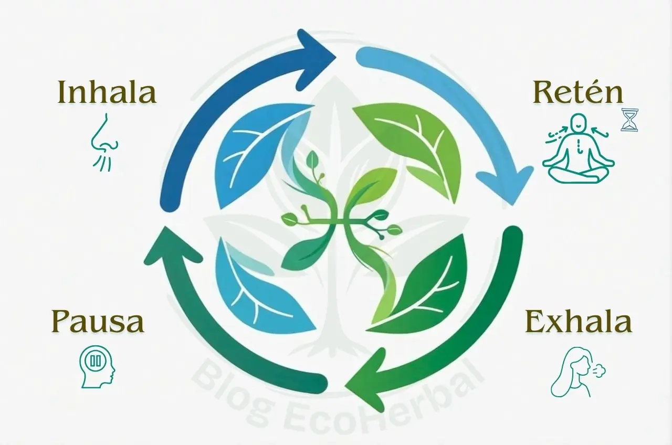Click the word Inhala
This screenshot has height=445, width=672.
[107, 92]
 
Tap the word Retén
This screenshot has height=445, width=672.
[578, 93]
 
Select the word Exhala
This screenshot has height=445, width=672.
[578, 322]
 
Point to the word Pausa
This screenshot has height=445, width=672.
[98, 322]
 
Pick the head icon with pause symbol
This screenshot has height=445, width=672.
[98, 366]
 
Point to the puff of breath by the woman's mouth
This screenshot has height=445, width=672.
[598, 372]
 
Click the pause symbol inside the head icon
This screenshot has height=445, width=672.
[95, 361]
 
